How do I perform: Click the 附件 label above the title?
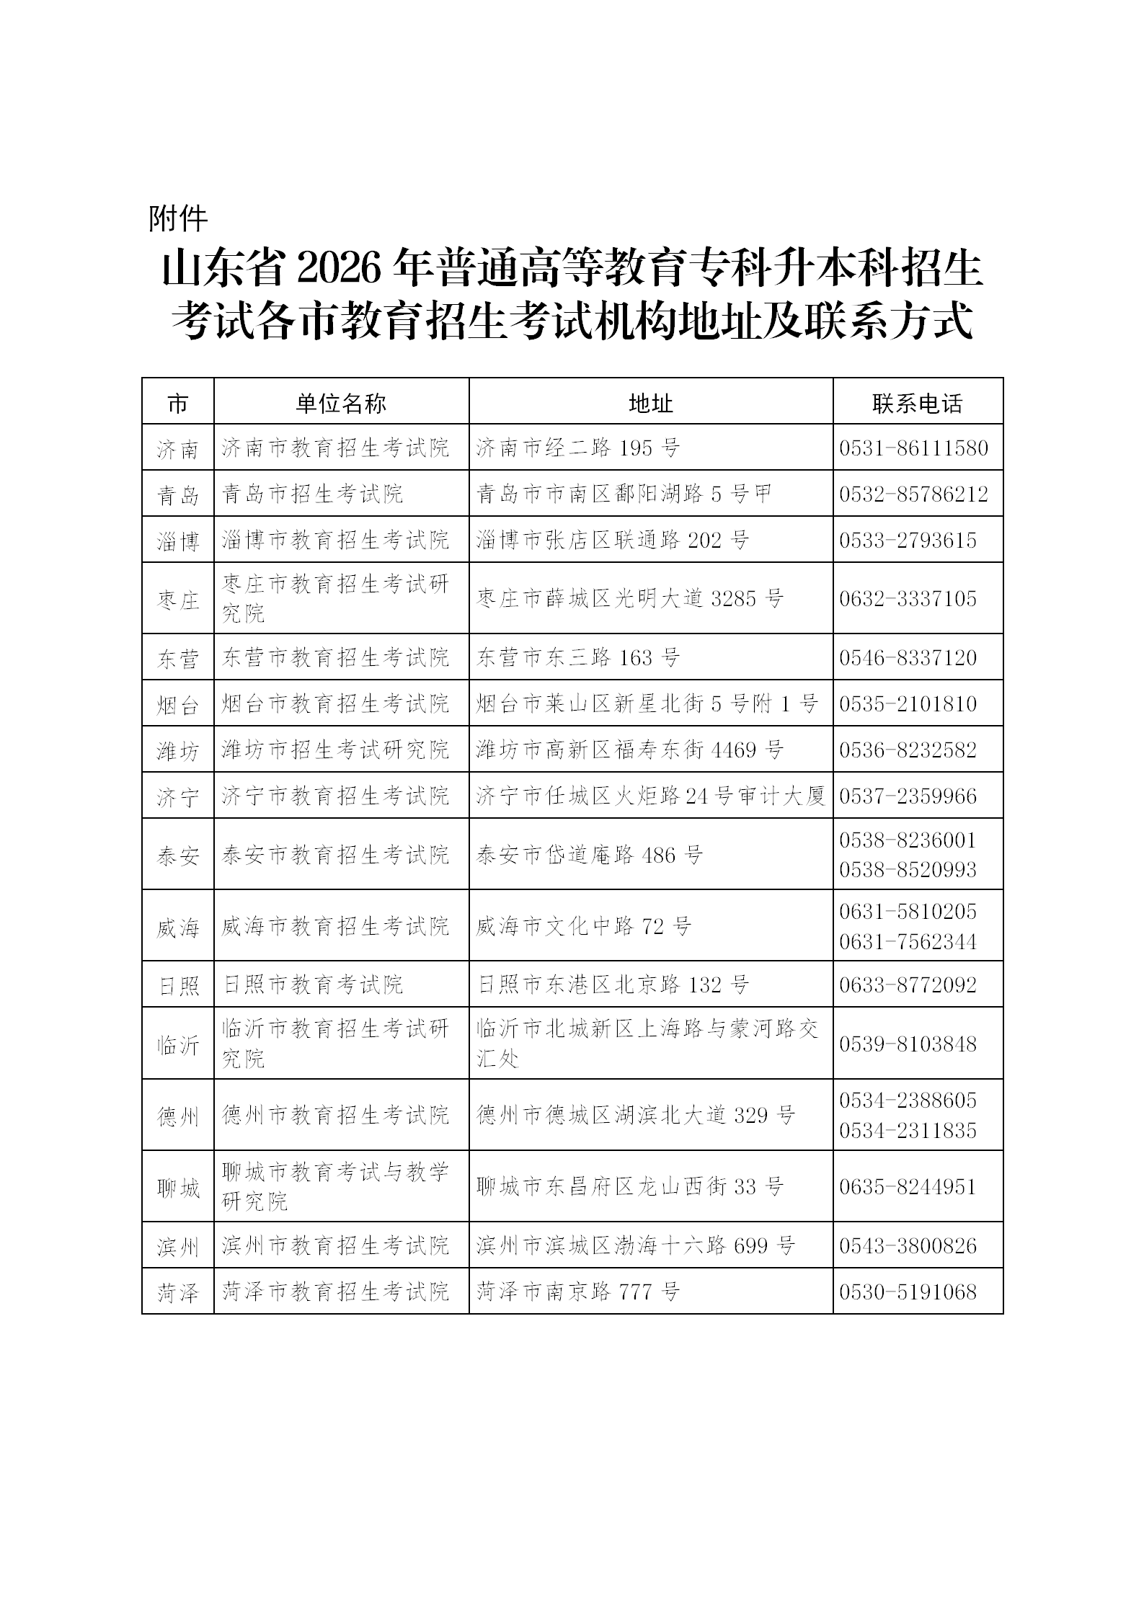[x=178, y=218]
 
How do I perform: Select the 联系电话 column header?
[x=917, y=403]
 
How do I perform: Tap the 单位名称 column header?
[x=341, y=403]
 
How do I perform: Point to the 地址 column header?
[x=650, y=403]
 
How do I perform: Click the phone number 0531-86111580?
[x=913, y=448]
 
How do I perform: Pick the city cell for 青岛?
[x=178, y=494]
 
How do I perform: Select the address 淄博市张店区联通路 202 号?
[x=613, y=540]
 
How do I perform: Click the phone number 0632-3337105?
[x=908, y=599]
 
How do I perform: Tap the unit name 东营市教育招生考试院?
[x=335, y=657]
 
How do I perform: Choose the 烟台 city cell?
[x=178, y=704]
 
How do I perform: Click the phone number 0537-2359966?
[x=908, y=796]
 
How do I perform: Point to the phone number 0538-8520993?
[x=908, y=869]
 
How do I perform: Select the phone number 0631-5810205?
[x=908, y=912]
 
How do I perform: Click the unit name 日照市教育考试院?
[x=313, y=984]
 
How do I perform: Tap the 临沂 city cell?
[x=178, y=1044]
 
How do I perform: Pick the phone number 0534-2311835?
[x=908, y=1130]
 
